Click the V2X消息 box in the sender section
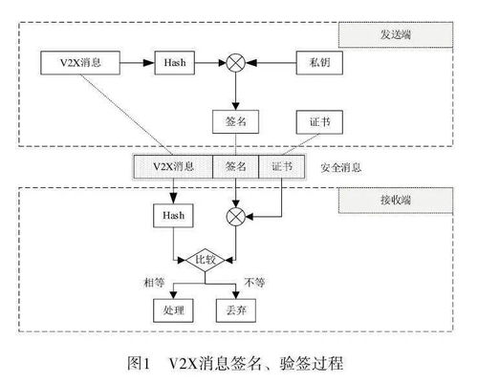[80, 63]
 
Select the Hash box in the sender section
[175, 63]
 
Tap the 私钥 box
[319, 63]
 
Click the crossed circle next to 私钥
[236, 63]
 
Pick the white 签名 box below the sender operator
[236, 121]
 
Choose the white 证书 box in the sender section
[319, 122]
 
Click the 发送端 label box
[396, 34]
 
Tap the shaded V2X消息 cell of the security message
[173, 166]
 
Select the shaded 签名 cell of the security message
[236, 166]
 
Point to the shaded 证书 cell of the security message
[282, 166]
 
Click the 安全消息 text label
[341, 167]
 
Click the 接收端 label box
[396, 201]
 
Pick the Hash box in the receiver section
[173, 216]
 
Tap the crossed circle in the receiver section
[236, 217]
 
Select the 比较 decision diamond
[206, 260]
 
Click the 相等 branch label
[155, 282]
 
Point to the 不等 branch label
[254, 282]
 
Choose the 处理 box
[173, 310]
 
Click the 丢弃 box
[236, 310]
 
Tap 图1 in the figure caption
[139, 363]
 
